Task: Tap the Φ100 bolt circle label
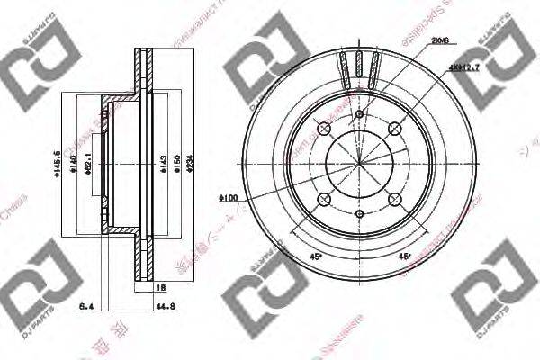coord(227,196)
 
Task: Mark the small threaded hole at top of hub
coord(359,114)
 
